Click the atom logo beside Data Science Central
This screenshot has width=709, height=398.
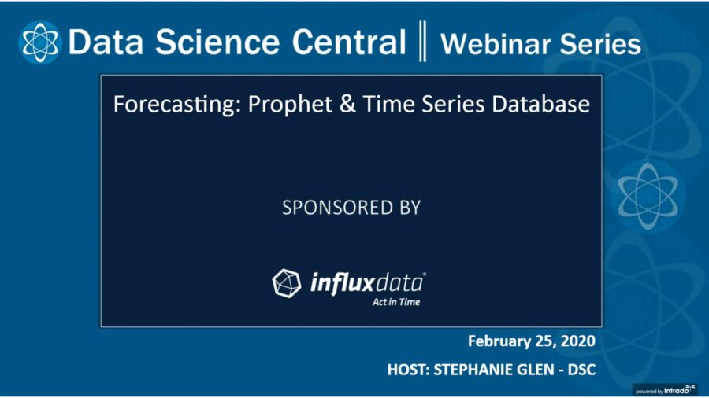40,42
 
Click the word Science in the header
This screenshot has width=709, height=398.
217,42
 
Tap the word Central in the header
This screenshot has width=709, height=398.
349,42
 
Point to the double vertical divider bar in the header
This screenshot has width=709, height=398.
422,41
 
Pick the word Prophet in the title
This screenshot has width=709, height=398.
290,105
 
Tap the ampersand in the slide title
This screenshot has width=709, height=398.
347,105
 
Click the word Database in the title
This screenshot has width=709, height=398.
540,104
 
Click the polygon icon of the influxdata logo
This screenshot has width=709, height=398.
286,283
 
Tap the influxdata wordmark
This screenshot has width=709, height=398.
367,283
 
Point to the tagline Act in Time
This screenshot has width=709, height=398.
396,302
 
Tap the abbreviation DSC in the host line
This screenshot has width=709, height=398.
581,370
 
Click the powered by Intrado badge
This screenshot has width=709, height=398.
665,390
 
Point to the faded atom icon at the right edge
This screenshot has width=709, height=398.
648,197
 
